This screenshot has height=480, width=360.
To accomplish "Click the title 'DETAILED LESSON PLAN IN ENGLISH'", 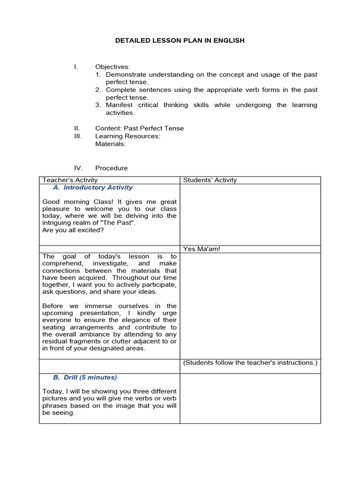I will [x=180, y=41].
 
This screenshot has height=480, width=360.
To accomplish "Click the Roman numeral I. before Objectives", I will [x=75, y=67].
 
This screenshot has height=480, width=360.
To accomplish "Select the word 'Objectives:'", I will [x=112, y=67].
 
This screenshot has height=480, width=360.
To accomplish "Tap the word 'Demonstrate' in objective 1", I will [x=125, y=75].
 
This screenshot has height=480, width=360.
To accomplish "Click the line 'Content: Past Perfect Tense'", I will [x=139, y=128].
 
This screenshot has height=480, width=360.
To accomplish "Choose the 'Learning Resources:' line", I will [x=127, y=136].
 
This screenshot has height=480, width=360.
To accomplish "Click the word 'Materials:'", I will [x=110, y=144].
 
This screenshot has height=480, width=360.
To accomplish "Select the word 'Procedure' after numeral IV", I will [x=111, y=168].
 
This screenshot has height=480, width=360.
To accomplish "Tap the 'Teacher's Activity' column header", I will [x=70, y=180].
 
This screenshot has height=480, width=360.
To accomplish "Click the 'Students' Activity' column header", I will [x=210, y=180].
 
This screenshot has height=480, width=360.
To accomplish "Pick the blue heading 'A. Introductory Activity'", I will [x=93, y=187].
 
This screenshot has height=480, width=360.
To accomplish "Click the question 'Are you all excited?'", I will [x=72, y=230].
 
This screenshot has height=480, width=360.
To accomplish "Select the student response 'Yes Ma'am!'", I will [x=202, y=249].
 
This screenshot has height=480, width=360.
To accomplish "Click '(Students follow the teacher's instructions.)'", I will [x=250, y=362].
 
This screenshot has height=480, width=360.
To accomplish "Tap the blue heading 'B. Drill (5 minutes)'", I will [x=85, y=377].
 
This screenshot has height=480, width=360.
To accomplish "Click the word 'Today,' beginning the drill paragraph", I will [x=52, y=391].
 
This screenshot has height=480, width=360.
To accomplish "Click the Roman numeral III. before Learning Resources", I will [x=77, y=136].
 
